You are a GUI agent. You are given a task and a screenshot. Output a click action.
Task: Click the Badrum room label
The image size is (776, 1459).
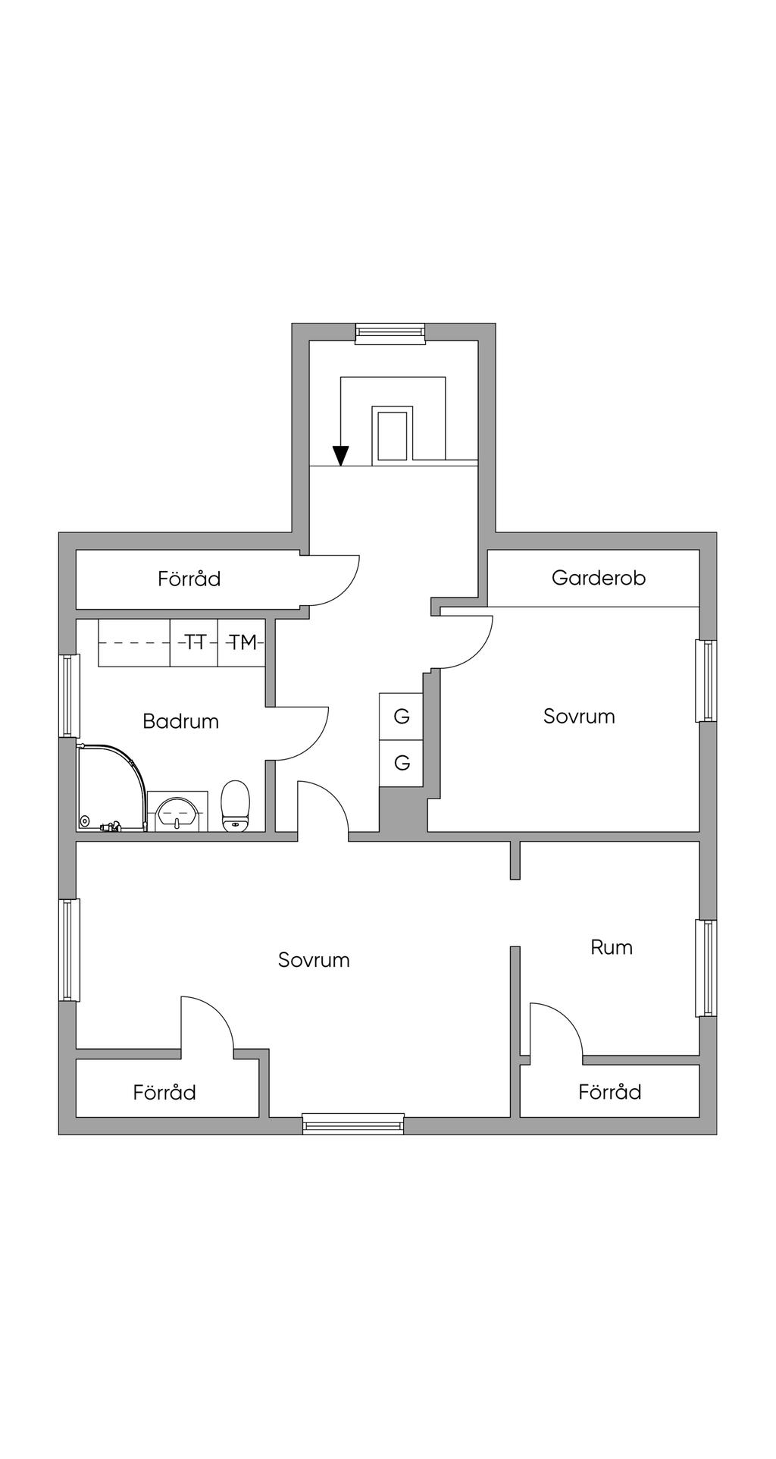click(180, 721)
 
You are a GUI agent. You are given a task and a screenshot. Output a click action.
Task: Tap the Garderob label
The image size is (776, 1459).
click(598, 578)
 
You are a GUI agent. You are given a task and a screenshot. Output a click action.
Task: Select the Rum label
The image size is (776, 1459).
click(611, 947)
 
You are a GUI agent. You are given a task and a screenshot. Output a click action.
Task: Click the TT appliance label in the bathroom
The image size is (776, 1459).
click(195, 643)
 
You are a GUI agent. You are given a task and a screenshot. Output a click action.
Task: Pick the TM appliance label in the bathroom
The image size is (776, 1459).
click(242, 643)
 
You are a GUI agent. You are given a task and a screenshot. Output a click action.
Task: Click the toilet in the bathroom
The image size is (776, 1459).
click(235, 806)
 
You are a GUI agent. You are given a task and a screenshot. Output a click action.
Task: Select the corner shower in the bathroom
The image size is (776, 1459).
click(110, 789)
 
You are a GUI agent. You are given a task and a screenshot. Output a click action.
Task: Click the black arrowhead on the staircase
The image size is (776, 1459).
click(341, 455)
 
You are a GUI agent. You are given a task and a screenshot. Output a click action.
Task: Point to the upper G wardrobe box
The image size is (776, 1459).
click(402, 716)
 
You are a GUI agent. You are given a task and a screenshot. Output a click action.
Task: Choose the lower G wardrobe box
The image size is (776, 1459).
click(402, 763)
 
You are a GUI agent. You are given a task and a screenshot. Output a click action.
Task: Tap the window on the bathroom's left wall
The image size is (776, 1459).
click(69, 695)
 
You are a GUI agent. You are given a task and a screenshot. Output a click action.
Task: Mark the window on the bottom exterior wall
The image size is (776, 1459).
click(353, 1124)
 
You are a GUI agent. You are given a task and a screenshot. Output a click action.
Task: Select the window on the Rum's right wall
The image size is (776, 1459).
click(706, 968)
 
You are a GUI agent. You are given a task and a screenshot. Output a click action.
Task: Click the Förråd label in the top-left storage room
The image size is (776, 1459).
click(189, 579)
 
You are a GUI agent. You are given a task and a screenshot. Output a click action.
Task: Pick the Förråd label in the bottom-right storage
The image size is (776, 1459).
click(609, 1092)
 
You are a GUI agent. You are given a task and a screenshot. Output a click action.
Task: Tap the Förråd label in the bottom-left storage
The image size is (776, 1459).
click(164, 1093)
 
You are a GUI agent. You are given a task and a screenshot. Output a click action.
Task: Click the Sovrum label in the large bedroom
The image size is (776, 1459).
click(314, 960)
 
